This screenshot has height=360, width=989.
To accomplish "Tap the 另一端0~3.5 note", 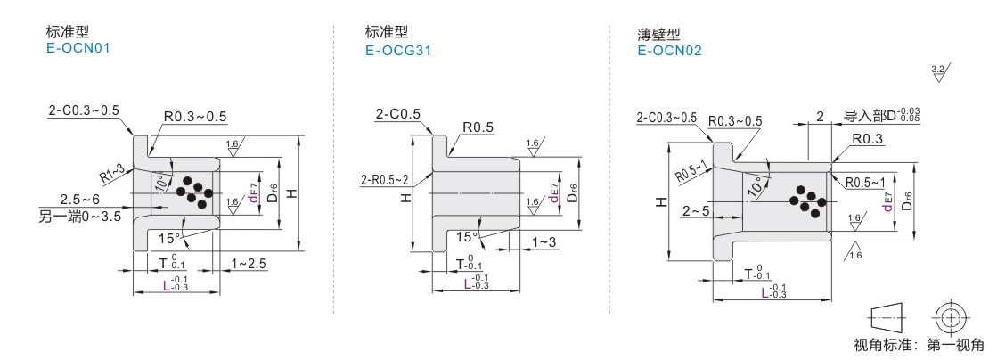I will pyautogui.click(x=81, y=214).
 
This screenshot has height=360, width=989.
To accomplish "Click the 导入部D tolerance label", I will pyautogui.click(x=880, y=116).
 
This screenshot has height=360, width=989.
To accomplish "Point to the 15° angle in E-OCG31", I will pyautogui.click(x=466, y=237).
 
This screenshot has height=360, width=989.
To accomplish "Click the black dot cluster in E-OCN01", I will pyautogui.click(x=191, y=189).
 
